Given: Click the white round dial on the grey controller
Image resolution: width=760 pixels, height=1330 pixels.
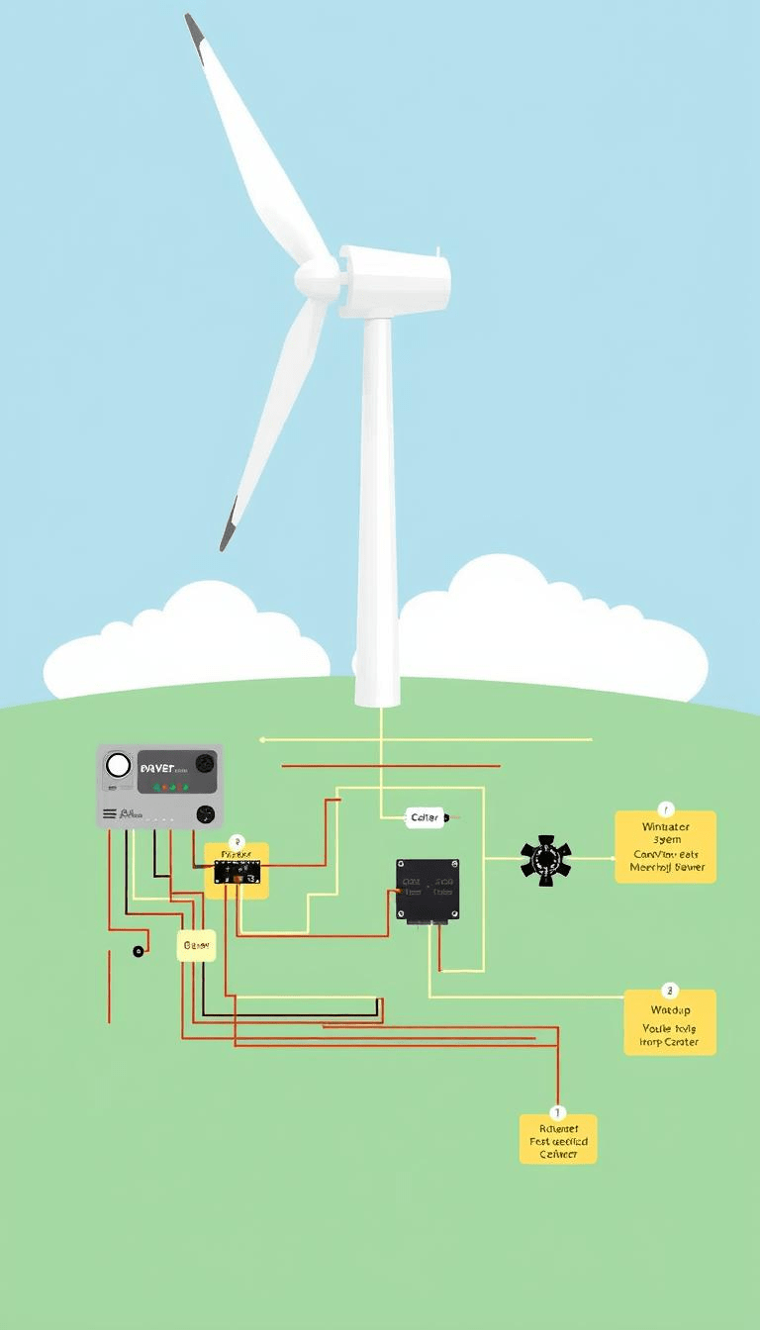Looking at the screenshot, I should (118, 765).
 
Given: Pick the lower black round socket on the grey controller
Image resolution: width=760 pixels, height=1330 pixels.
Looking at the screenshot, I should (205, 814).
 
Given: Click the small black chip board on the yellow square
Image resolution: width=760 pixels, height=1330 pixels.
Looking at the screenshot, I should (237, 871).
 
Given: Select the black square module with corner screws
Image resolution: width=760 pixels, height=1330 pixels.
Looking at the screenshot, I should (427, 890).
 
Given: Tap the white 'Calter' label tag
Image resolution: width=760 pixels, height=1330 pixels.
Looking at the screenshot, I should (425, 817).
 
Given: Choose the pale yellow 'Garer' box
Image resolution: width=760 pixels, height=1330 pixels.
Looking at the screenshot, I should (196, 946).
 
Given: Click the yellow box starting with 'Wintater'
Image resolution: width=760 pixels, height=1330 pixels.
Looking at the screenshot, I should (665, 847).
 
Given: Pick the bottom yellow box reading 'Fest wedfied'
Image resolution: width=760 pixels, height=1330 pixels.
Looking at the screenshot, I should (558, 1139).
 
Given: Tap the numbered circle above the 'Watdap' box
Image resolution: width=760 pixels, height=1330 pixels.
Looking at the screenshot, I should (670, 990).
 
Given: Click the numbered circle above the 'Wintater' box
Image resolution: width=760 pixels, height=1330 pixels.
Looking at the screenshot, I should (665, 810).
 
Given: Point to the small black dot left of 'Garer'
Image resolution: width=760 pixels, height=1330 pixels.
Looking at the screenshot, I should (138, 952).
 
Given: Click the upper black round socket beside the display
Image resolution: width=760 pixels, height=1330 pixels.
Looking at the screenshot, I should (205, 763).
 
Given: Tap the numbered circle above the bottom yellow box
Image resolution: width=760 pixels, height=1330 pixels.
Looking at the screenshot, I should (558, 1112).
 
